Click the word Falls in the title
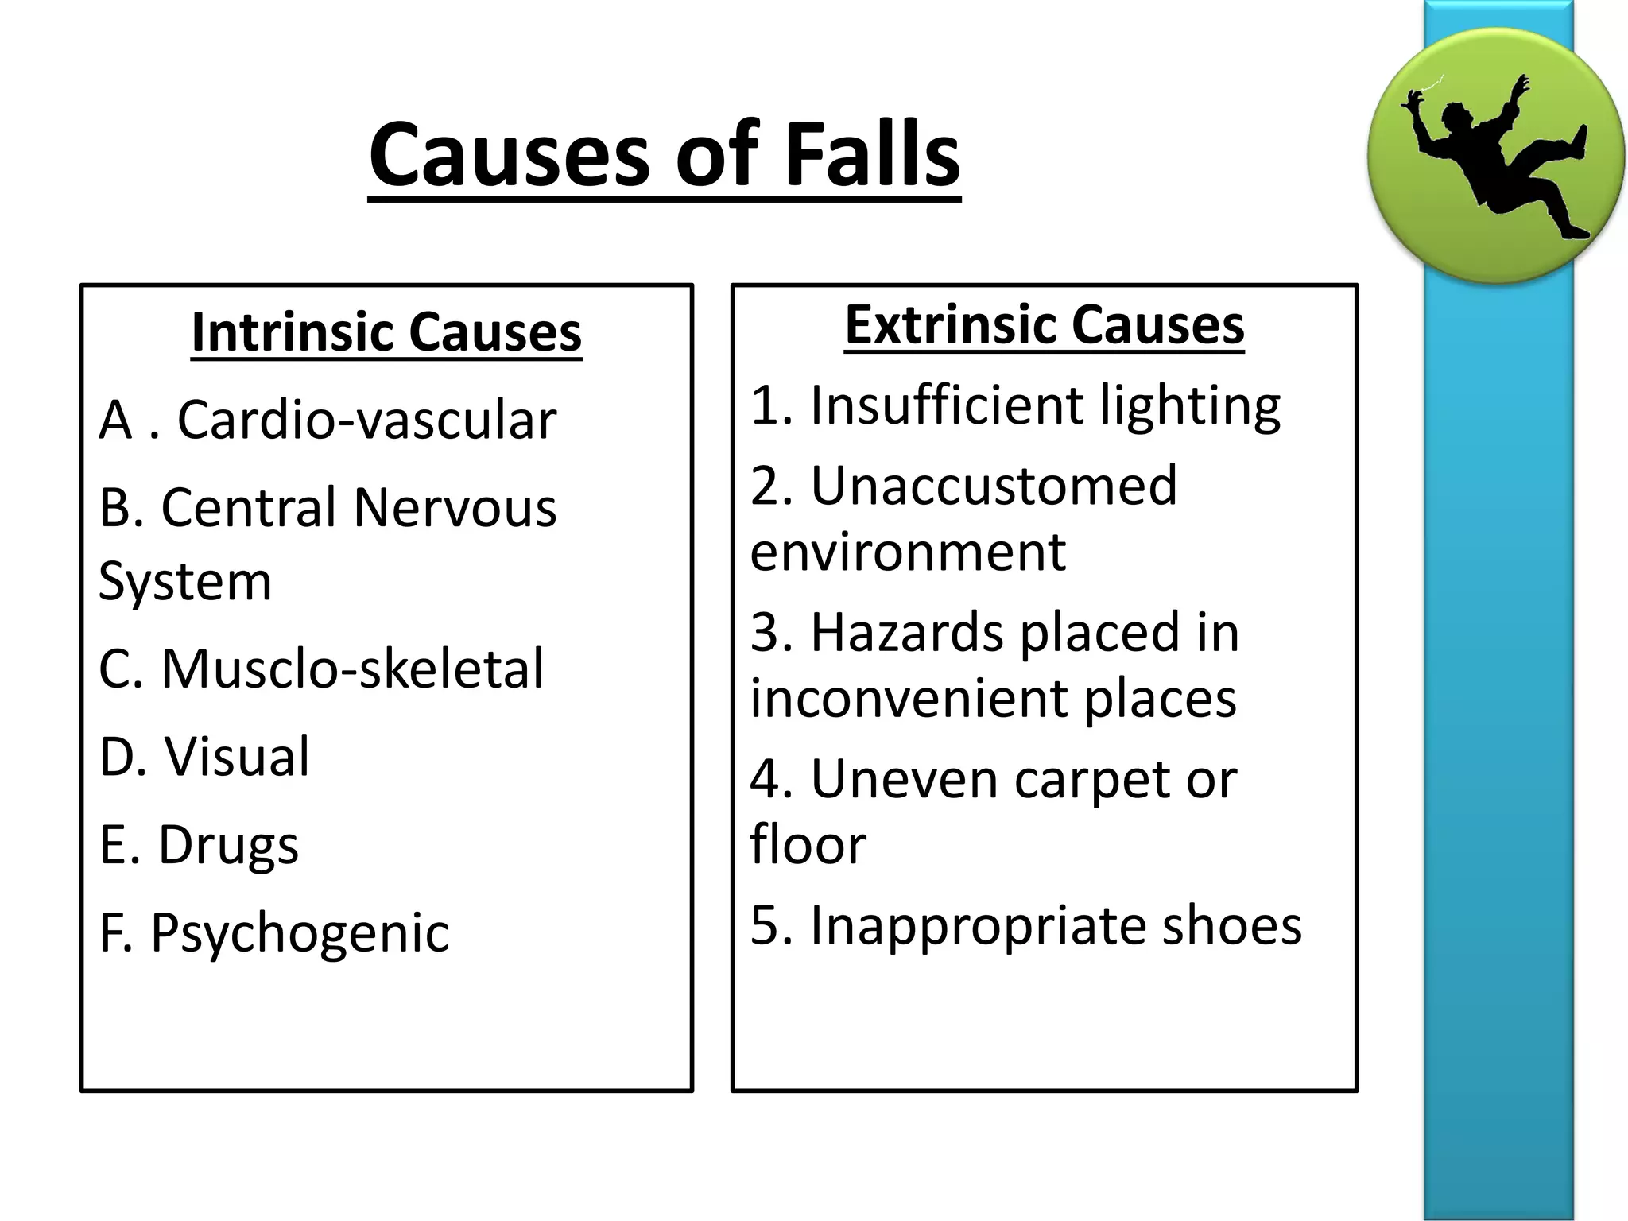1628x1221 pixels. point(872,155)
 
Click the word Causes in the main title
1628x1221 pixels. point(509,155)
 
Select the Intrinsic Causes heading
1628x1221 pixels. point(386,331)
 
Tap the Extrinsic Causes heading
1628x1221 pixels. point(1044,325)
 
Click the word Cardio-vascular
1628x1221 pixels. point(366,420)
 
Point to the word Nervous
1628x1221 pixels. point(455,508)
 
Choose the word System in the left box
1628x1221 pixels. point(185,582)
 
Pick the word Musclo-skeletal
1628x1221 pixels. point(352,669)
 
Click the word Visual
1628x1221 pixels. point(237,757)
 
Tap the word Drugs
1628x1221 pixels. point(228,845)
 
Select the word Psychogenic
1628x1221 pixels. point(300,933)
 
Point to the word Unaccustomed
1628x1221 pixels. point(994,486)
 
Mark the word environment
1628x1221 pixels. point(908,552)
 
